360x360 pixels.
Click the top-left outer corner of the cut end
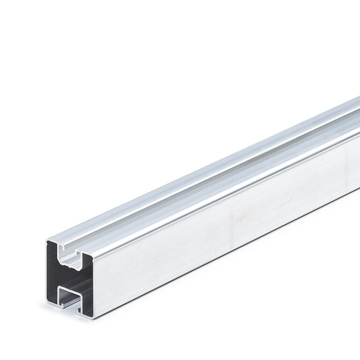tap(46, 241)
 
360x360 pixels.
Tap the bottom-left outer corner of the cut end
tap(47, 305)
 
